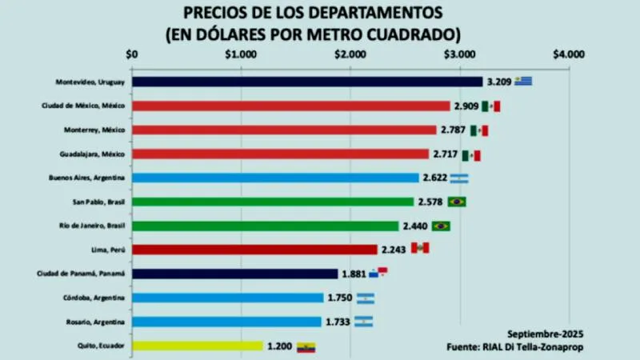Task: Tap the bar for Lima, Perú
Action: (254, 250)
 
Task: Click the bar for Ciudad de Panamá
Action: (234, 274)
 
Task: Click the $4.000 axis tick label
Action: (568, 55)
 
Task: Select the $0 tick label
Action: (132, 55)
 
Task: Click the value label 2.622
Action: (435, 178)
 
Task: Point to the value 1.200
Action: (280, 346)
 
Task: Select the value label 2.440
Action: (414, 226)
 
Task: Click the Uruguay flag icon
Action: (524, 81)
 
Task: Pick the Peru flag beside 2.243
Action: (420, 249)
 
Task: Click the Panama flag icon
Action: (378, 273)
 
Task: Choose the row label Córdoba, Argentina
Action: (94, 298)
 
